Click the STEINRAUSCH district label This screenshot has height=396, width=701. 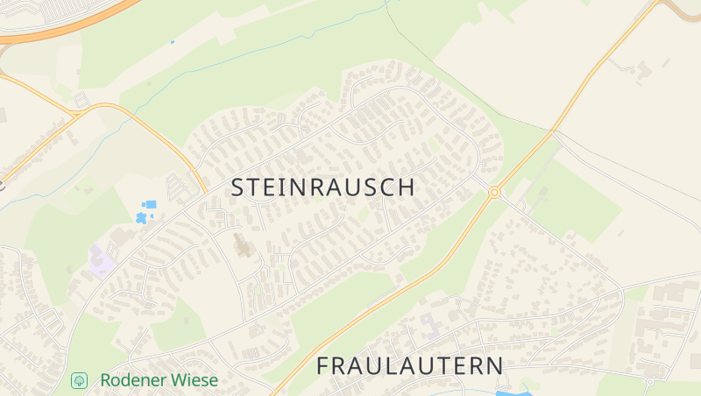tap(322, 187)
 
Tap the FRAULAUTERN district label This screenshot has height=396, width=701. tap(410, 365)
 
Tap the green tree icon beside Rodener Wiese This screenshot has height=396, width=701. tap(79, 380)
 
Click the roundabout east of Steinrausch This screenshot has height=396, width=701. tap(494, 192)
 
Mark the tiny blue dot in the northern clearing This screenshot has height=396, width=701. tap(173, 40)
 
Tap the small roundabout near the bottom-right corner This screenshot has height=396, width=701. tap(649, 382)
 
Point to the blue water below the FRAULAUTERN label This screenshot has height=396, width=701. tap(508, 392)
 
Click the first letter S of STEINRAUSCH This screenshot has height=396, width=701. tap(238, 187)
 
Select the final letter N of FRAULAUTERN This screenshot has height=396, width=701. tap(496, 365)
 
